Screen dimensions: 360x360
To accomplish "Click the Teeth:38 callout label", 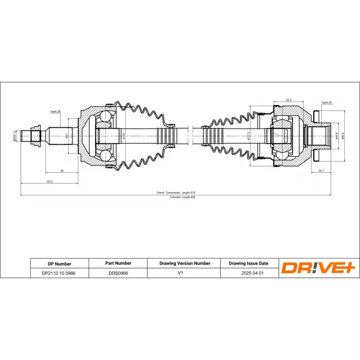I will tap(55, 111).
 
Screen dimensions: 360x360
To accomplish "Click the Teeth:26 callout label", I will tap(327, 103).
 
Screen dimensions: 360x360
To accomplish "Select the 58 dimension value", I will tap(61, 170).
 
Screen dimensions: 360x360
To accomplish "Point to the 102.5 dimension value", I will tap(49, 181).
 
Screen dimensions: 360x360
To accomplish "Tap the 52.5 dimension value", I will tap(288, 100).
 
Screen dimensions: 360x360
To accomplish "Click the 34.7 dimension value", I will tap(321, 171).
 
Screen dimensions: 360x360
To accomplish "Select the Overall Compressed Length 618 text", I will tap(176, 193).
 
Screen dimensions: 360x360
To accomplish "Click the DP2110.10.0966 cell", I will tap(58, 273).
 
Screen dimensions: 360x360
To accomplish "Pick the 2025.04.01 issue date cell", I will tap(248, 273).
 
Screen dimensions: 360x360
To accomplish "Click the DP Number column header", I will tap(59, 264).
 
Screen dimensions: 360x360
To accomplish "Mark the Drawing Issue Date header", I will tap(248, 263).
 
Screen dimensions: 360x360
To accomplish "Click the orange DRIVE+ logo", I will tap(319, 268).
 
